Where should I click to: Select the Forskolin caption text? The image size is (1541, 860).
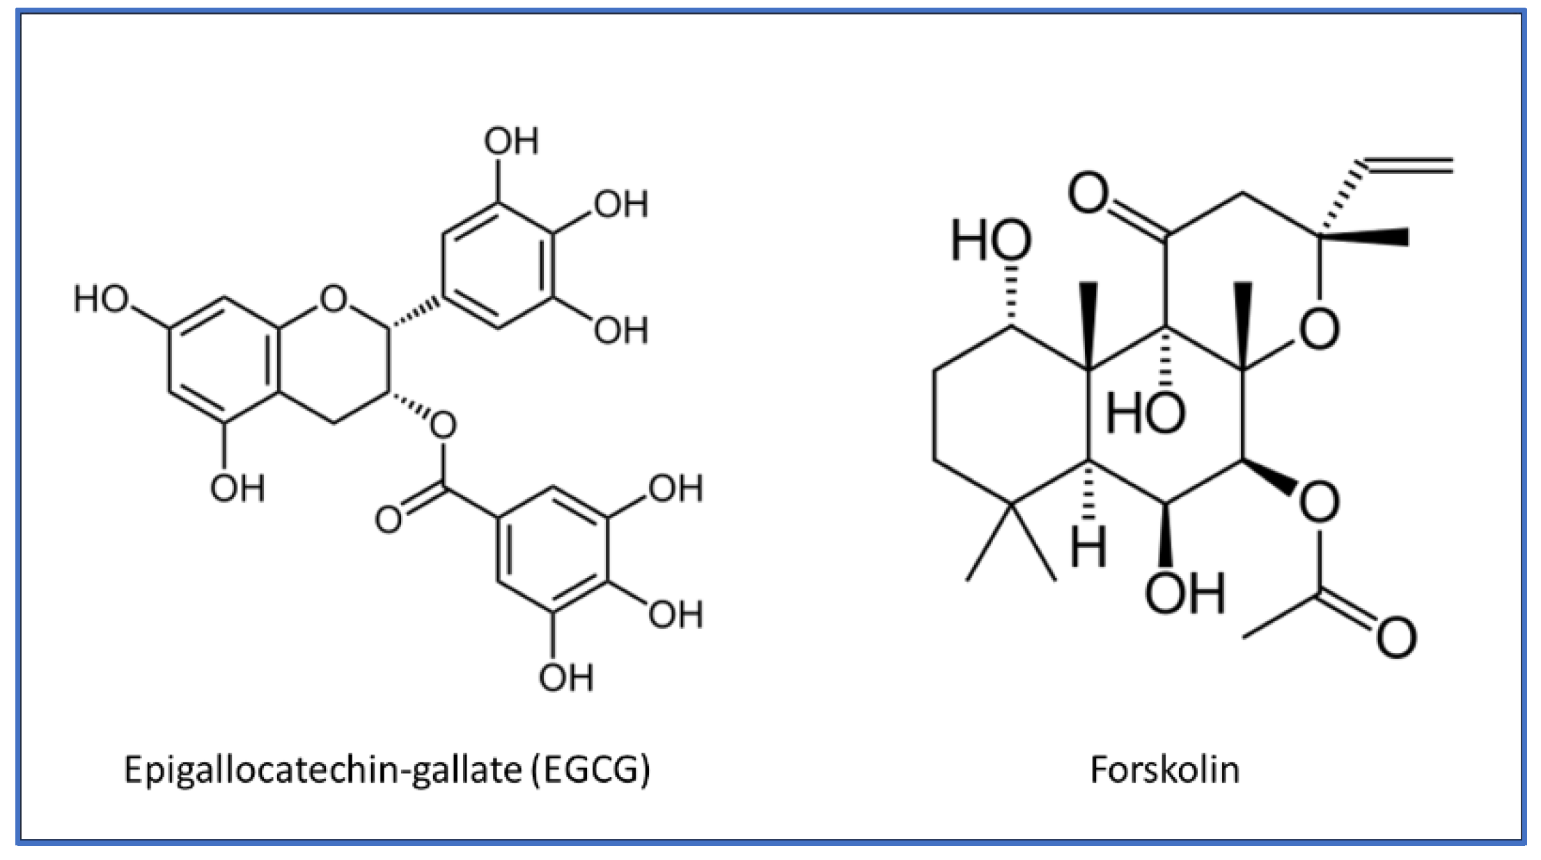coord(1164,770)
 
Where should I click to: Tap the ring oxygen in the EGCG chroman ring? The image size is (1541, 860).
coord(333,299)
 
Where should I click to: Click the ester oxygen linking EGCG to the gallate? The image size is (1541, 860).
coord(443,425)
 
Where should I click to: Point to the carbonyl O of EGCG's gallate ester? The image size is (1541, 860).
coord(388,519)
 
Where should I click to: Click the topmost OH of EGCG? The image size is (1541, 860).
coord(511,141)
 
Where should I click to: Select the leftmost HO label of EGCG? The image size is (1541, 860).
coord(102,299)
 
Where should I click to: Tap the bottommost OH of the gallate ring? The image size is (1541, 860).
coord(565,678)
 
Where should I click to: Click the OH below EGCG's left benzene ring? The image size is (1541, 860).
coord(237,488)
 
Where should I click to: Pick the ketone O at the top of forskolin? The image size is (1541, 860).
coord(1088,193)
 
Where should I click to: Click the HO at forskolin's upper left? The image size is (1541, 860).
coord(991,241)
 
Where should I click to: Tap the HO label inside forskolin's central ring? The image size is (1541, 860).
coord(1145,412)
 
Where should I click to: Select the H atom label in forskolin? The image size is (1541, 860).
coord(1088,547)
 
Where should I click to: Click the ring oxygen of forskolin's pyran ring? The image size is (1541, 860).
coord(1319,329)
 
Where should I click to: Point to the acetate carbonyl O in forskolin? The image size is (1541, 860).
coord(1396,637)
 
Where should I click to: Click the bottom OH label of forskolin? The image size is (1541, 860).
coord(1184,593)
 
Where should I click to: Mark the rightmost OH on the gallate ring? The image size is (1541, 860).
coord(675,615)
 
